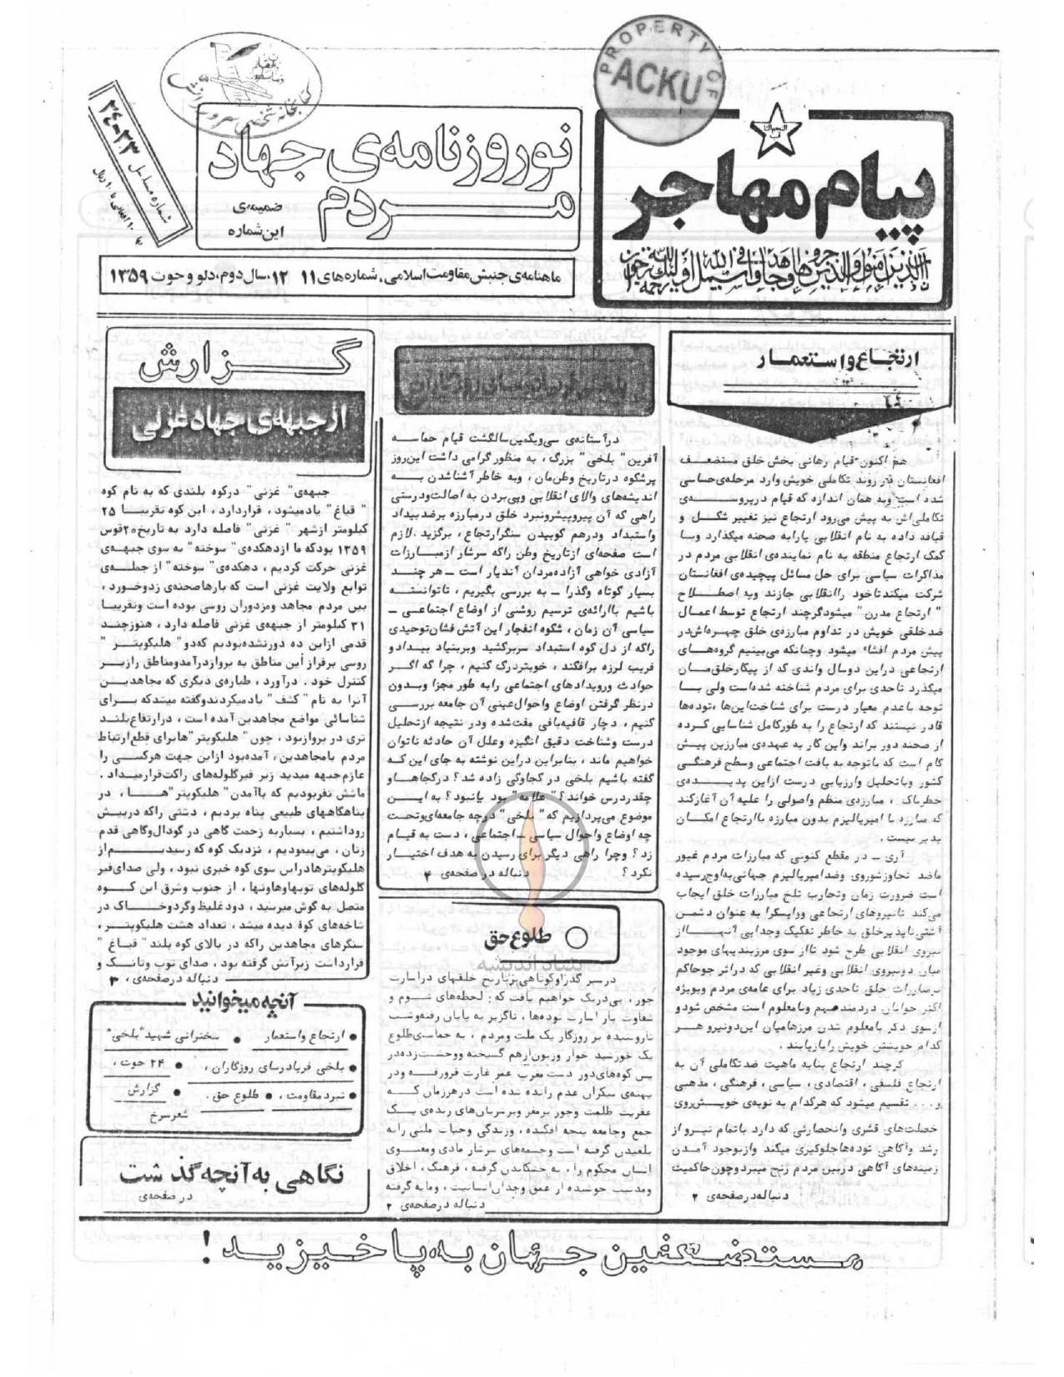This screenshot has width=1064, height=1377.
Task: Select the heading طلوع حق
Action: (x=511, y=936)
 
